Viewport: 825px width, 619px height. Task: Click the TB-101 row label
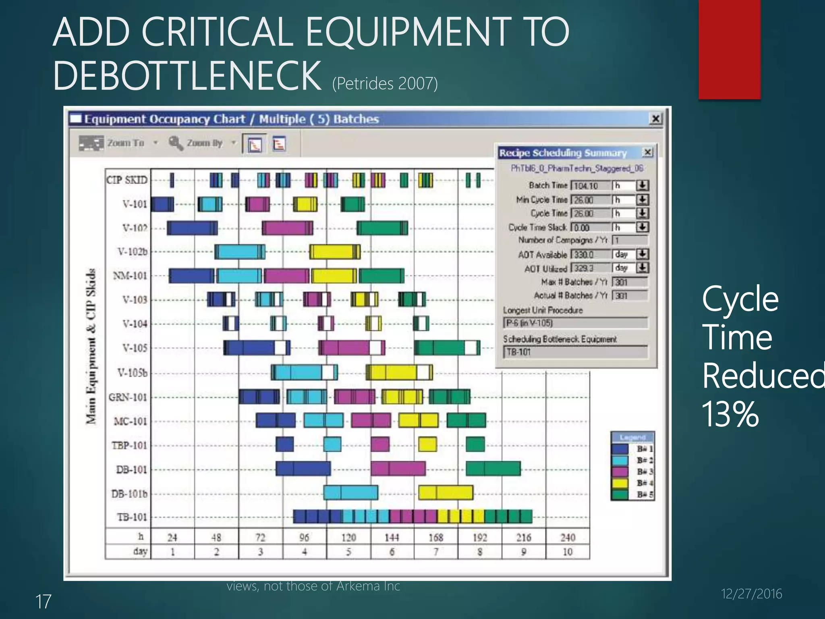pos(132,517)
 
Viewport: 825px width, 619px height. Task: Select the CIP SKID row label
pos(127,180)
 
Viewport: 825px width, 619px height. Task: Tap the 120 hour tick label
pos(348,538)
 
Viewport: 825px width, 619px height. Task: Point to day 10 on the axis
pos(568,552)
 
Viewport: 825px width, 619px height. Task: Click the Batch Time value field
pos(591,186)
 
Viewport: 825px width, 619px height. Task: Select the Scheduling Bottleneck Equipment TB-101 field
pos(575,352)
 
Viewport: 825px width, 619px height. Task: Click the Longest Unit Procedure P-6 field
pos(575,323)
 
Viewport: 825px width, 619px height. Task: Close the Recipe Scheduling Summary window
pos(648,152)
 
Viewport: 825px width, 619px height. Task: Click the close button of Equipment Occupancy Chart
pos(656,118)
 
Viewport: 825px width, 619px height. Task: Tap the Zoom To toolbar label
pos(125,143)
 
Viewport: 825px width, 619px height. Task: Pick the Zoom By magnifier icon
pos(176,143)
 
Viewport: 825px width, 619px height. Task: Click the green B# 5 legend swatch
pos(620,494)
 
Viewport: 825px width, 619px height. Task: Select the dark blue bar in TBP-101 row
pos(285,445)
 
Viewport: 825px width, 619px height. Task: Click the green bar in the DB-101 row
pos(493,469)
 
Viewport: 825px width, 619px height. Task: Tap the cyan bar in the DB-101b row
pos(350,492)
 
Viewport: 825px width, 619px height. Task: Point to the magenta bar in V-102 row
pos(287,228)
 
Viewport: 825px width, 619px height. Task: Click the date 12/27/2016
pos(751,594)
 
